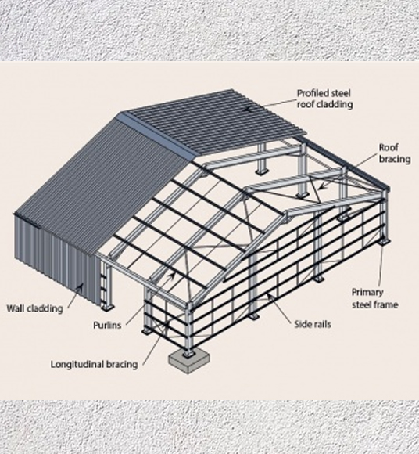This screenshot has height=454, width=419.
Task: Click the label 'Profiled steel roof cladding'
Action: click(x=324, y=99)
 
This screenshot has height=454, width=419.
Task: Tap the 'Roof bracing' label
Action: click(x=389, y=153)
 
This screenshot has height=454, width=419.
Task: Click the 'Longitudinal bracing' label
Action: click(x=94, y=364)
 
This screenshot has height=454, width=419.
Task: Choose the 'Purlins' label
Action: click(x=106, y=325)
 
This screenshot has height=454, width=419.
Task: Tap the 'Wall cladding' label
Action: click(x=34, y=308)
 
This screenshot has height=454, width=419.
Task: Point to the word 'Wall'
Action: click(x=16, y=308)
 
